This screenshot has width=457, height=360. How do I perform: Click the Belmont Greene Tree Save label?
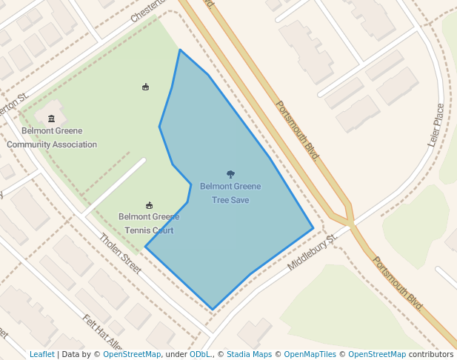click(x=230, y=193)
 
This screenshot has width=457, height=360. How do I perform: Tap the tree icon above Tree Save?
click(x=230, y=174)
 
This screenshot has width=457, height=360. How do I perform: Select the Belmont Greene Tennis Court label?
click(x=149, y=223)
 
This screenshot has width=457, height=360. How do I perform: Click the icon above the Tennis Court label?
click(x=149, y=205)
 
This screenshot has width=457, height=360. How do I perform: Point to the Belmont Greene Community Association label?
click(x=52, y=137)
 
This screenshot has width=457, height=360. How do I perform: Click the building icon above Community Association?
click(x=51, y=119)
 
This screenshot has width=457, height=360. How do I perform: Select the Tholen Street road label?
click(x=120, y=253)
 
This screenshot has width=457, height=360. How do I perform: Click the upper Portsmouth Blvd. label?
click(x=298, y=131)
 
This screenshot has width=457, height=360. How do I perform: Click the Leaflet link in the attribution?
click(x=41, y=354)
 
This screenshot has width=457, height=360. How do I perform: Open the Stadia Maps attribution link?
click(x=249, y=354)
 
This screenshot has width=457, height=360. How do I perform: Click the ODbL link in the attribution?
click(x=200, y=354)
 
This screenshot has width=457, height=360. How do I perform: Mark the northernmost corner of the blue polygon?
click(x=180, y=50)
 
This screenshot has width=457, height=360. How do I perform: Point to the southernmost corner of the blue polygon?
click(x=213, y=309)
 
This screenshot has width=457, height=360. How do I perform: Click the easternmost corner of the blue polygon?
click(x=313, y=227)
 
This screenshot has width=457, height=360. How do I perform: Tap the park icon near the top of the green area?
click(x=145, y=87)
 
